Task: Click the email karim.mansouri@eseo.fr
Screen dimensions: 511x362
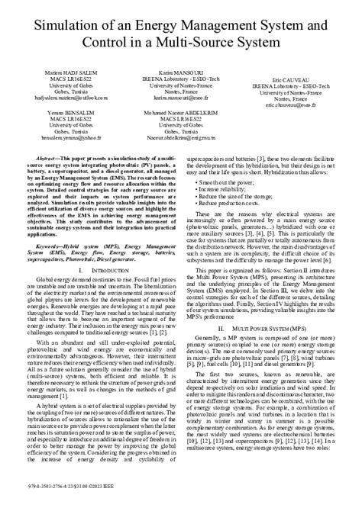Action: pos(179,98)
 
